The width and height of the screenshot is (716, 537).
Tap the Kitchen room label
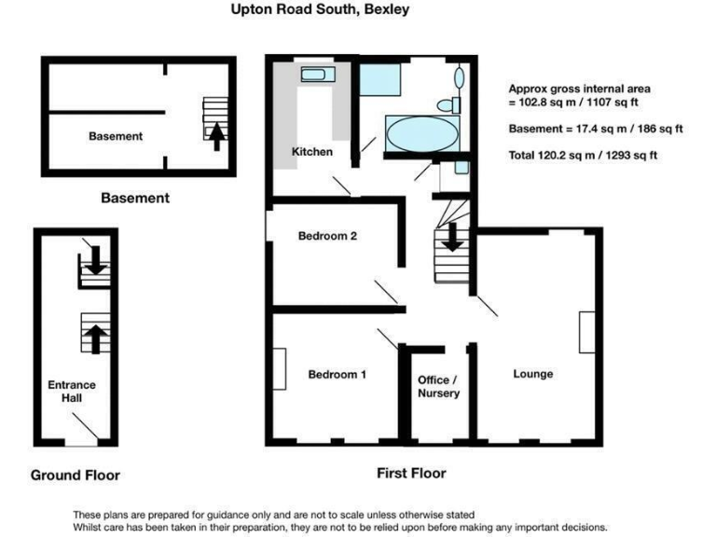(x=311, y=151)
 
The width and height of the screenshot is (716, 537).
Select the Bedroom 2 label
(x=327, y=236)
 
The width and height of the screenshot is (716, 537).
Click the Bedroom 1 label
(x=337, y=374)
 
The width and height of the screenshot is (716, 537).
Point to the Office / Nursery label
(x=438, y=387)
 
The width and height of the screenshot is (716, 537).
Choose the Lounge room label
(x=532, y=374)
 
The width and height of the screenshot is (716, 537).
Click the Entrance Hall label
(x=72, y=392)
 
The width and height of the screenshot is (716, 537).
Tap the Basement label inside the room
(x=116, y=136)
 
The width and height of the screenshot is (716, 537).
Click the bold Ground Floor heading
(x=76, y=475)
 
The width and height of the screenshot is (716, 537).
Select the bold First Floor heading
(x=411, y=473)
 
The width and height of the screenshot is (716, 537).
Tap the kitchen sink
(x=310, y=74)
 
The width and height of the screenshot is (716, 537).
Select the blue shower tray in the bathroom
(x=379, y=80)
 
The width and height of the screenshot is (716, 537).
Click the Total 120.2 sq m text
(x=582, y=155)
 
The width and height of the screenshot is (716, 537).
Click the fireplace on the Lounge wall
(x=585, y=332)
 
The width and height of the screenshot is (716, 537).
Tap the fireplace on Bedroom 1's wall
(x=280, y=368)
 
